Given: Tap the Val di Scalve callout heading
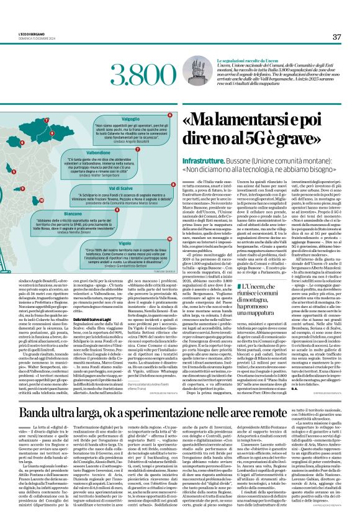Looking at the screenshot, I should pos(125,187).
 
